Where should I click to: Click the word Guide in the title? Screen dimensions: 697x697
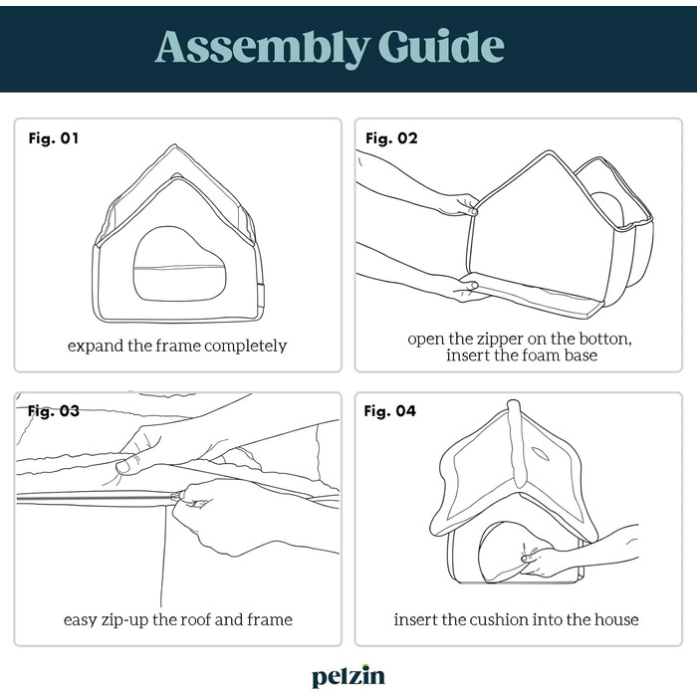click(x=441, y=46)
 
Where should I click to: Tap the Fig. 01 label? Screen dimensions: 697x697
click(x=54, y=138)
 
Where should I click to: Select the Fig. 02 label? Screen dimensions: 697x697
click(x=391, y=138)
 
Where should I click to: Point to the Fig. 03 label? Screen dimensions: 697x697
click(x=54, y=410)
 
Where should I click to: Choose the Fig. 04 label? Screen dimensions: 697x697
click(x=390, y=410)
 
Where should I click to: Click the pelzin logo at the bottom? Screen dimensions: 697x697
click(x=348, y=676)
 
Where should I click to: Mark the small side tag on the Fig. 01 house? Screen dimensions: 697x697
click(x=261, y=294)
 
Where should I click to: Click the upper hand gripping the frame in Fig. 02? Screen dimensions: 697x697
click(x=460, y=204)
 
